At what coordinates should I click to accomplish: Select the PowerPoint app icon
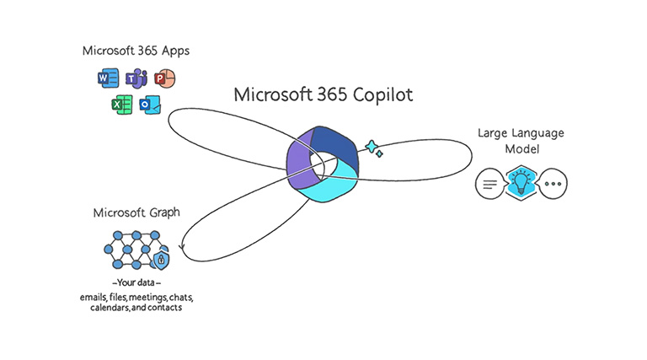point(164,79)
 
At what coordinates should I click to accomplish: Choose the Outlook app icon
point(151,106)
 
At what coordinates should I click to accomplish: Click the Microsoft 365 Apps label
point(136,51)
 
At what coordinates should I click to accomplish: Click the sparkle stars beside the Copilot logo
point(373,148)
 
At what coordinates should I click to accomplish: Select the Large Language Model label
point(521,141)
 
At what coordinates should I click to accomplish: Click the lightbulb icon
point(521,182)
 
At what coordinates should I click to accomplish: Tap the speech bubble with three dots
point(553,183)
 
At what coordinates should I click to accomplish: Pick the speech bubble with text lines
point(490,183)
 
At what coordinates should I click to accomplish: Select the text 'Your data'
point(136,282)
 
